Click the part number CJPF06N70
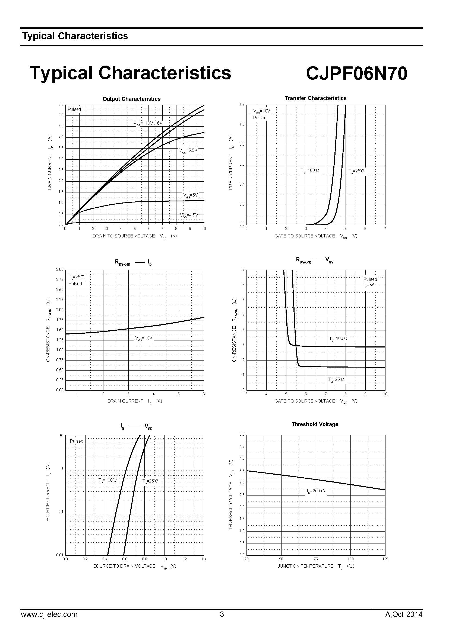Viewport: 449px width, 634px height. point(356,74)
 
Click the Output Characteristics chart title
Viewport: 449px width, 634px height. point(131,99)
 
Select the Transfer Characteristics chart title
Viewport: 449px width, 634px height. point(315,98)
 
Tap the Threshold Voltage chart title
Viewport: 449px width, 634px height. point(315,424)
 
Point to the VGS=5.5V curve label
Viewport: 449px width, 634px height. point(188,150)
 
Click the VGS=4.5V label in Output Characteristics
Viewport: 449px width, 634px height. point(189,215)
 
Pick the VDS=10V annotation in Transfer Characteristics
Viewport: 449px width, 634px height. point(261,111)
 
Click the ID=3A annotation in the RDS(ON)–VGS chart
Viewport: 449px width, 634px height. point(369,285)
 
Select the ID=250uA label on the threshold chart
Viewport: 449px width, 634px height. point(316,491)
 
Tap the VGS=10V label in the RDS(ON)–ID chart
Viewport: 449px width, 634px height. point(144,338)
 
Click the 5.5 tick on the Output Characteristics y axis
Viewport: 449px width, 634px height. point(61,104)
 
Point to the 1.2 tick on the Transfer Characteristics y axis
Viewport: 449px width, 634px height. point(242,104)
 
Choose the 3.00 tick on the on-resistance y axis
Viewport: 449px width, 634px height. point(60,269)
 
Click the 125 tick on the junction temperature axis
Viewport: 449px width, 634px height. point(385,559)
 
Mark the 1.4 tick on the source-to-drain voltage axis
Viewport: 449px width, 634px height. point(204,559)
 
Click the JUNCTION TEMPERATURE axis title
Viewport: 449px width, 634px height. point(305,566)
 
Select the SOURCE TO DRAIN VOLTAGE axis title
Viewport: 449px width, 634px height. point(124,566)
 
